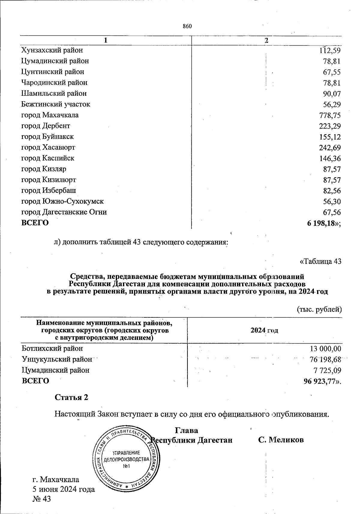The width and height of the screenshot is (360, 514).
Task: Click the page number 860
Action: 187,26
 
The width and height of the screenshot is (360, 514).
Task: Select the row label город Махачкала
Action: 50,115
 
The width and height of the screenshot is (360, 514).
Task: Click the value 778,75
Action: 330,116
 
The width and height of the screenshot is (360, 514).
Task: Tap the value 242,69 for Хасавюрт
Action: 330,148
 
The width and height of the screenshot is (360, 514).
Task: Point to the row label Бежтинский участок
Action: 55,104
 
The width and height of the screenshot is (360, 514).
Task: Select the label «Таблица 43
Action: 320,262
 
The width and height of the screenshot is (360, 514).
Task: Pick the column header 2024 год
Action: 264,331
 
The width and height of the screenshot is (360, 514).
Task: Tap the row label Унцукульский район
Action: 57,359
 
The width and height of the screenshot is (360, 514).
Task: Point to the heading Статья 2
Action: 71,397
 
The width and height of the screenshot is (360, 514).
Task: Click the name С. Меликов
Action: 281,440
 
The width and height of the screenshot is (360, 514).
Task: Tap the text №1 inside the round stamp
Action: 126,466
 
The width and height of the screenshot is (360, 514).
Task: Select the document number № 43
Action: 42,499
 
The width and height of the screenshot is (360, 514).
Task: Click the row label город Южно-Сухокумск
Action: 62,201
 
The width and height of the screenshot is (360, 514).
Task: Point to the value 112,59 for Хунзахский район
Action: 330,50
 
